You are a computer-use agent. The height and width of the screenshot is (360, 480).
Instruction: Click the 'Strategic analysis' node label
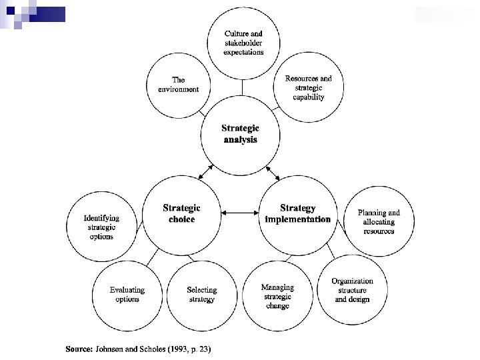point(240,134)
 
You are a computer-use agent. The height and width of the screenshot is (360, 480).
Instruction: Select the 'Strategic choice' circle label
point(181,213)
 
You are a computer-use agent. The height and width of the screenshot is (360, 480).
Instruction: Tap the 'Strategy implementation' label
point(297,213)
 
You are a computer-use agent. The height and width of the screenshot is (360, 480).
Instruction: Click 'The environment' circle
point(178,85)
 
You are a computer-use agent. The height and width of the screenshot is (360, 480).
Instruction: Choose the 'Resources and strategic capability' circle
point(308,87)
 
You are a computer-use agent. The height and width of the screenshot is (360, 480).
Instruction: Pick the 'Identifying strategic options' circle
point(101,227)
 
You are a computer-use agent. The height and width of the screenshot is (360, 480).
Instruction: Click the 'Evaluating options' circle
point(127,295)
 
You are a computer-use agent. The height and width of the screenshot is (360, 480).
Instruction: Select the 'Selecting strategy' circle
point(201,295)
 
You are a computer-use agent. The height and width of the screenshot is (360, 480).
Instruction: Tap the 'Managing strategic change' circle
point(277,297)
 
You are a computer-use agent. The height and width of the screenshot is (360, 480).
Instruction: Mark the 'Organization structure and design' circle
point(352,291)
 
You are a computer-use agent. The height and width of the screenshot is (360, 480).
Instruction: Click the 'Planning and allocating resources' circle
point(379,222)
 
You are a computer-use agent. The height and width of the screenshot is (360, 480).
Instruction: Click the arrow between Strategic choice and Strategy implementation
point(239,213)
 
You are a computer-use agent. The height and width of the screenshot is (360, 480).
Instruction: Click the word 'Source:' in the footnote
point(79,349)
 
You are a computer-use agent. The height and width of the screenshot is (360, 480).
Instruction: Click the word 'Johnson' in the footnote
point(111,349)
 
